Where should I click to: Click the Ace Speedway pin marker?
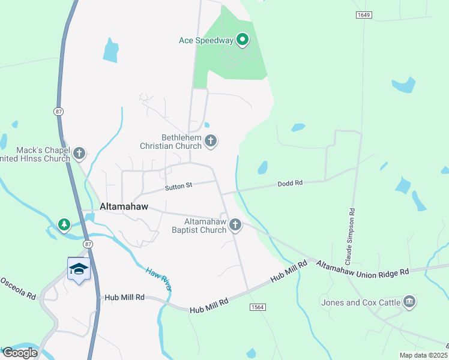[243, 40]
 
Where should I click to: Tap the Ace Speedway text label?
[206, 41]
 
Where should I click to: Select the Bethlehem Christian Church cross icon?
[210, 141]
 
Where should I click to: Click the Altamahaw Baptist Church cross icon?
[235, 225]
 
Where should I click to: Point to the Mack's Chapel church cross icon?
[79, 154]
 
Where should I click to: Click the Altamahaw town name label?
[124, 206]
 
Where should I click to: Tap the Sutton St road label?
[179, 186]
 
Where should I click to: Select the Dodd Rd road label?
[289, 183]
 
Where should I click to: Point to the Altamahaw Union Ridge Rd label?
[363, 268]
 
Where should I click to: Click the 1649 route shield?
[363, 14]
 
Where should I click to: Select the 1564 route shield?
[257, 307]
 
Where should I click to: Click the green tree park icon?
[64, 224]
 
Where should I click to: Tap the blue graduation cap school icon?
[79, 269]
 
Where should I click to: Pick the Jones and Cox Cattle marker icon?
[409, 301]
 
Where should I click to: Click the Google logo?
[20, 353]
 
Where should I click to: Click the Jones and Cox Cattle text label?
[360, 302]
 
